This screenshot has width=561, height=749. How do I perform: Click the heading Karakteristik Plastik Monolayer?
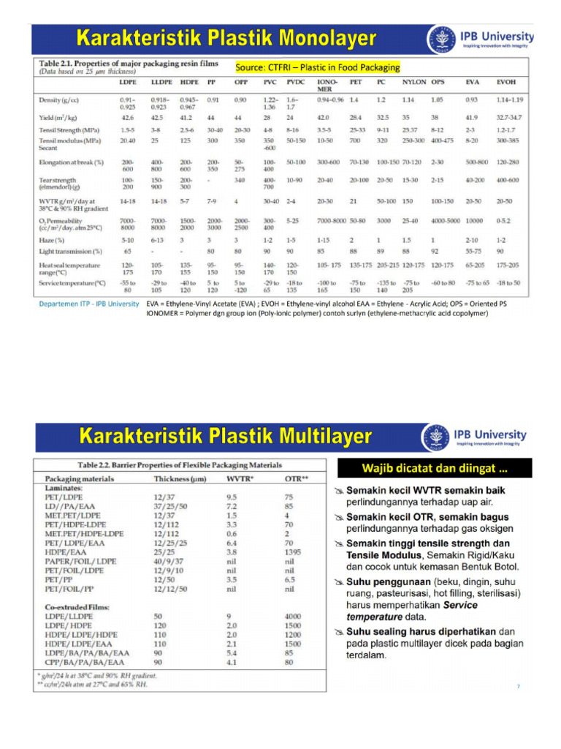pyautogui.click(x=227, y=38)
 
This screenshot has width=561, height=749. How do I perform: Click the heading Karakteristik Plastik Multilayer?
pyautogui.click(x=226, y=438)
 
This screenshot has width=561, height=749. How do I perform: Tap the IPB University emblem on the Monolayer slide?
pyautogui.click(x=440, y=39)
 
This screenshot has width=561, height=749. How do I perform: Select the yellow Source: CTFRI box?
pyautogui.click(x=318, y=67)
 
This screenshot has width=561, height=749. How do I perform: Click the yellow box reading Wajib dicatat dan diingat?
pyautogui.click(x=435, y=467)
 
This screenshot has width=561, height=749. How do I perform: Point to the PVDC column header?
pyautogui.click(x=295, y=83)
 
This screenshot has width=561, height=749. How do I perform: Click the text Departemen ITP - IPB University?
pyautogui.click(x=88, y=303)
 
